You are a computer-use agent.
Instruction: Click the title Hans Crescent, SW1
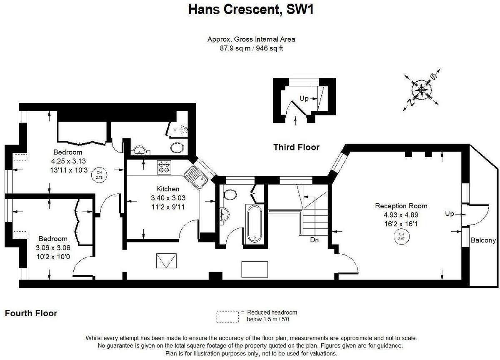pyautogui.click(x=250, y=9)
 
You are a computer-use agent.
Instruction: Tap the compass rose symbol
pyautogui.click(x=421, y=89)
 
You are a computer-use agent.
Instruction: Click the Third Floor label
pyautogui.click(x=296, y=147)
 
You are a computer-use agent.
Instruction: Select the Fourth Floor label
pyautogui.click(x=31, y=313)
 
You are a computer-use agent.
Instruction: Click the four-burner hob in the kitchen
pyautogui.click(x=164, y=167)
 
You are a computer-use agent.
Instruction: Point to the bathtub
pyautogui.click(x=254, y=223)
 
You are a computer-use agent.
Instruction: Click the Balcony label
pyautogui.click(x=483, y=240)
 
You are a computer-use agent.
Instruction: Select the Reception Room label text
pyautogui.click(x=401, y=206)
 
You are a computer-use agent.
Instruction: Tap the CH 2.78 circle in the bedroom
pyautogui.click(x=99, y=175)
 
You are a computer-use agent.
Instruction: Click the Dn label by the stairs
pyautogui.click(x=315, y=240)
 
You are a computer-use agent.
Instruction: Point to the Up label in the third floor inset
pyautogui.click(x=304, y=99)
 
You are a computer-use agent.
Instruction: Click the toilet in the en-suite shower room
pyautogui.click(x=177, y=147)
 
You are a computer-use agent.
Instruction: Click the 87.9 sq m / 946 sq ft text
pyautogui.click(x=251, y=48)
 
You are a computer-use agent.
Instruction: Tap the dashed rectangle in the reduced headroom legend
pyautogui.click(x=228, y=317)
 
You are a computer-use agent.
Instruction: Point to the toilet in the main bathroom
pyautogui.click(x=229, y=195)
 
